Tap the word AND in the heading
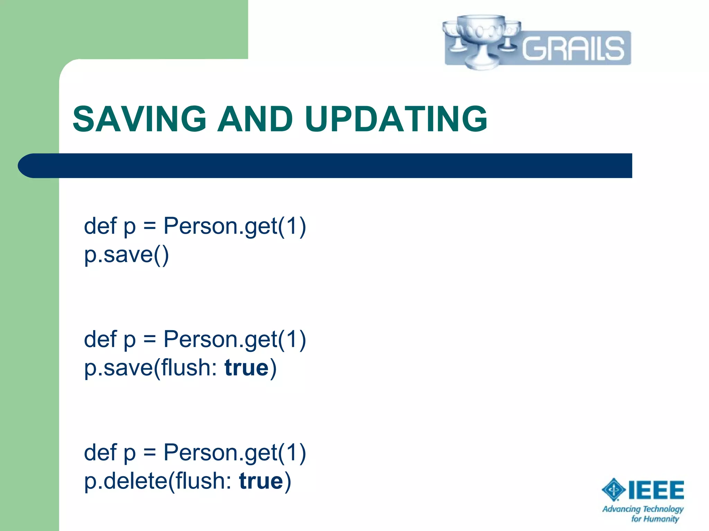[x=255, y=119]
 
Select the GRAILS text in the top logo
[x=573, y=48]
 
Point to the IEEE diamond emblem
[x=613, y=490]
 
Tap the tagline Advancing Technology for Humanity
[x=643, y=513]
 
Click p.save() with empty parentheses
[x=126, y=255]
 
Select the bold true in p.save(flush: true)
[x=246, y=368]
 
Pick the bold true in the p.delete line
[x=261, y=481]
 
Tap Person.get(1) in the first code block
[x=235, y=226]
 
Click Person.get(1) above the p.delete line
[x=235, y=453]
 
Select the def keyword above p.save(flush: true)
[x=100, y=339]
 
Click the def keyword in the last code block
[x=100, y=453]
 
